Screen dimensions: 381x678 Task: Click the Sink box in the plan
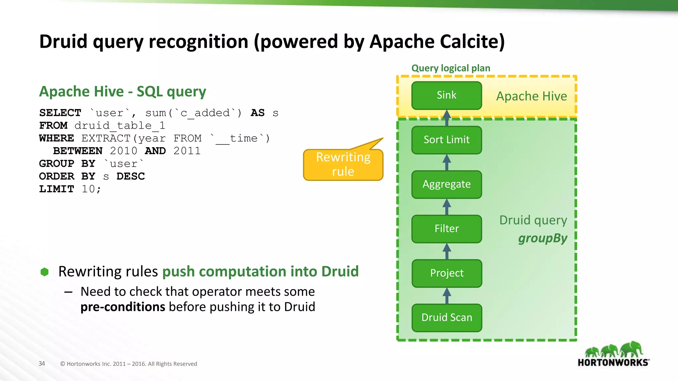(446, 95)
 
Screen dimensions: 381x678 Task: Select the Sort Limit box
(446, 140)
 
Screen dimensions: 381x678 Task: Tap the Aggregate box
(446, 184)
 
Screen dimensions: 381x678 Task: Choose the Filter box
(446, 229)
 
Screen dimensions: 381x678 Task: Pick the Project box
(446, 273)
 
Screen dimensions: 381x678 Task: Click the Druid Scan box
(446, 317)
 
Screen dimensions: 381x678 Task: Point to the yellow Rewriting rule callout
(343, 165)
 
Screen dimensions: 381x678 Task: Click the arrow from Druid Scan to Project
(447, 296)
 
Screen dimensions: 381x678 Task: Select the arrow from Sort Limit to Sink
(447, 118)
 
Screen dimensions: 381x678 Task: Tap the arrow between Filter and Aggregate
(447, 207)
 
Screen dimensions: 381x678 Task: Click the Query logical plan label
(451, 68)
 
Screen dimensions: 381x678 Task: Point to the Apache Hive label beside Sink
(531, 96)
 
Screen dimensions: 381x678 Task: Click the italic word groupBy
(542, 238)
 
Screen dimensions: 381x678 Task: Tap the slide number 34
(42, 363)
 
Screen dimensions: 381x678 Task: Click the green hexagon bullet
(44, 272)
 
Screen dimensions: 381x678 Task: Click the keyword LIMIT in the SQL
(57, 189)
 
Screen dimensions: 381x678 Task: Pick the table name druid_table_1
(120, 126)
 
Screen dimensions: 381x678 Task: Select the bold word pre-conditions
(122, 307)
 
